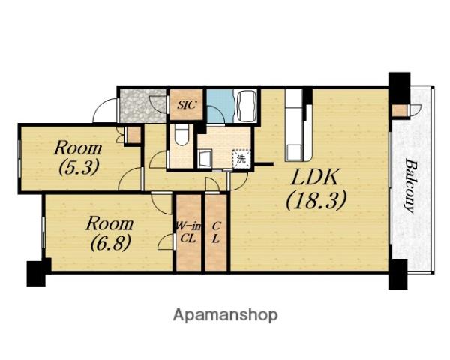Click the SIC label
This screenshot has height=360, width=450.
(x=187, y=104)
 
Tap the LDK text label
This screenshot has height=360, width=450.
(x=314, y=177)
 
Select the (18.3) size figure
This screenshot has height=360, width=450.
(x=316, y=200)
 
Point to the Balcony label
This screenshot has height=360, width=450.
(x=411, y=187)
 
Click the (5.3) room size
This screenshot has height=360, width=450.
(x=79, y=167)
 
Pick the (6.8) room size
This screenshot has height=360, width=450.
(x=111, y=242)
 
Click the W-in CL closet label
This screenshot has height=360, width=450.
(x=188, y=232)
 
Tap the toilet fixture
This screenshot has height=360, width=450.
(x=181, y=134)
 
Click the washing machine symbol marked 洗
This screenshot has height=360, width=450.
(x=241, y=159)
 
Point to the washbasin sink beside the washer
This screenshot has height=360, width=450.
(x=205, y=158)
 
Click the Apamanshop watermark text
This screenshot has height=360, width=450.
(x=225, y=315)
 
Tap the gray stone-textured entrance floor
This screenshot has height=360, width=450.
(x=142, y=106)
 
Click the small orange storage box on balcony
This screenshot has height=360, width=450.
(x=400, y=110)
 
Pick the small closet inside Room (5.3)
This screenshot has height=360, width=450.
(x=133, y=135)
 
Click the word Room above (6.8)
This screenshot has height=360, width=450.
(x=110, y=223)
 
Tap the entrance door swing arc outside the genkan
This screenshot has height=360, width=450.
(x=105, y=110)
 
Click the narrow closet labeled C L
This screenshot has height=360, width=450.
(x=216, y=232)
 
